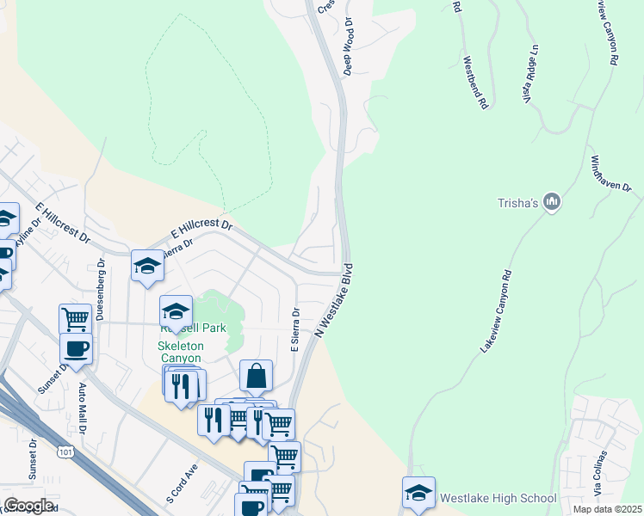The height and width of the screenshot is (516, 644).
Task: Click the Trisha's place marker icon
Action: click(x=552, y=202)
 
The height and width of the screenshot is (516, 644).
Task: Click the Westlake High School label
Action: click(x=498, y=498)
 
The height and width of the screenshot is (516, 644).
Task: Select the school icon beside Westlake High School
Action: click(x=418, y=493)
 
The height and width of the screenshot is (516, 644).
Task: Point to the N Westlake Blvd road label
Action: click(x=335, y=300)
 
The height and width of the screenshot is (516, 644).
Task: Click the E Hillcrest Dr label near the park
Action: click(x=202, y=229)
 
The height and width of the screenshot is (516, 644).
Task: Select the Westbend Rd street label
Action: click(x=475, y=82)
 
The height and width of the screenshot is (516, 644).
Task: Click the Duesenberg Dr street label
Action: click(x=100, y=290)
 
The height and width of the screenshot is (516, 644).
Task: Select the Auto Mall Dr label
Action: click(x=84, y=408)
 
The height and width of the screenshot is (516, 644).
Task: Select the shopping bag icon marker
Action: click(x=256, y=376)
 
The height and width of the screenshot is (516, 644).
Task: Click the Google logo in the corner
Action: click(x=28, y=506)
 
